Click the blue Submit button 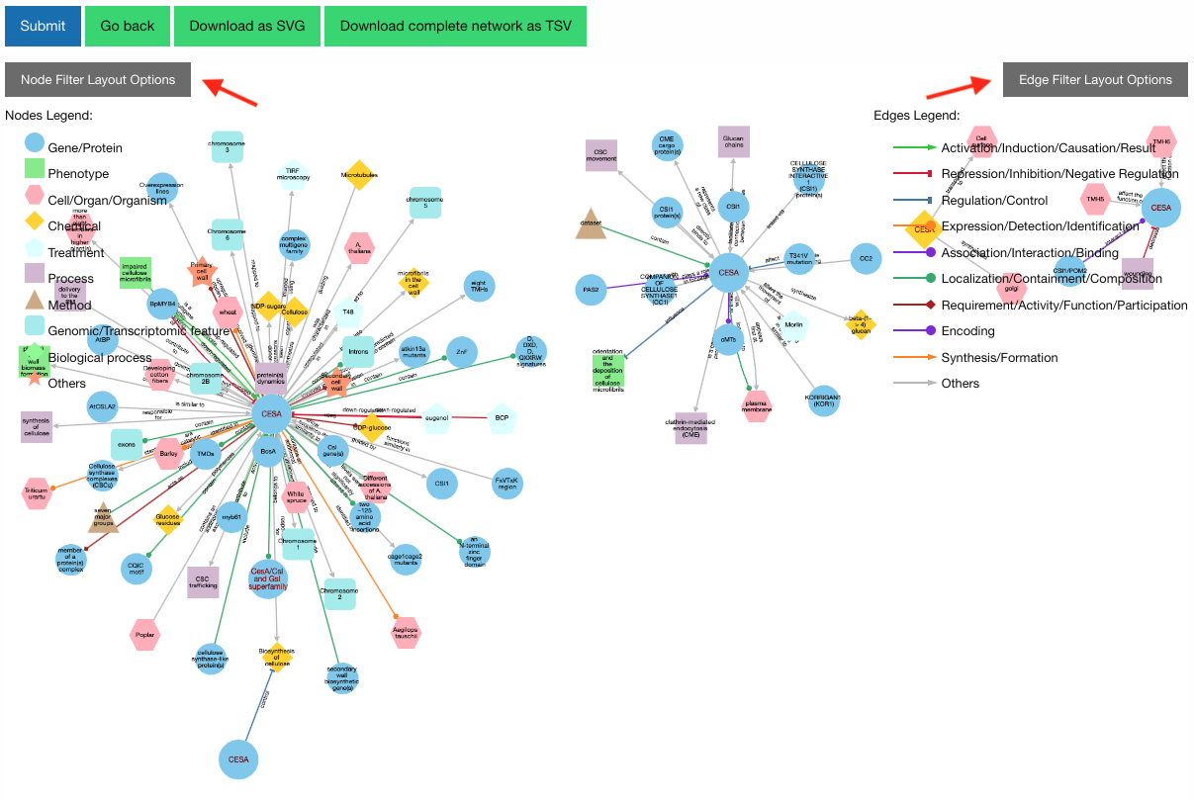click(x=43, y=26)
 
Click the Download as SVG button click(x=247, y=26)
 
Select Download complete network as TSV click(x=455, y=26)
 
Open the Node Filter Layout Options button click(x=98, y=79)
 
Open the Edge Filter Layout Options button click(x=1095, y=79)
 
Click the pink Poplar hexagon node click(x=144, y=635)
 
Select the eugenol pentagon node click(x=436, y=418)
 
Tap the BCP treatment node click(x=502, y=418)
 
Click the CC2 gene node click(x=866, y=258)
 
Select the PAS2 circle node click(x=592, y=290)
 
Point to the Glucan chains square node click(x=733, y=142)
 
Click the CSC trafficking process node click(x=203, y=582)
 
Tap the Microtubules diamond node click(x=359, y=175)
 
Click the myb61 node click(x=231, y=516)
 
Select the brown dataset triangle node click(x=591, y=223)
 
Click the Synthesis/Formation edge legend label click(x=999, y=357)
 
